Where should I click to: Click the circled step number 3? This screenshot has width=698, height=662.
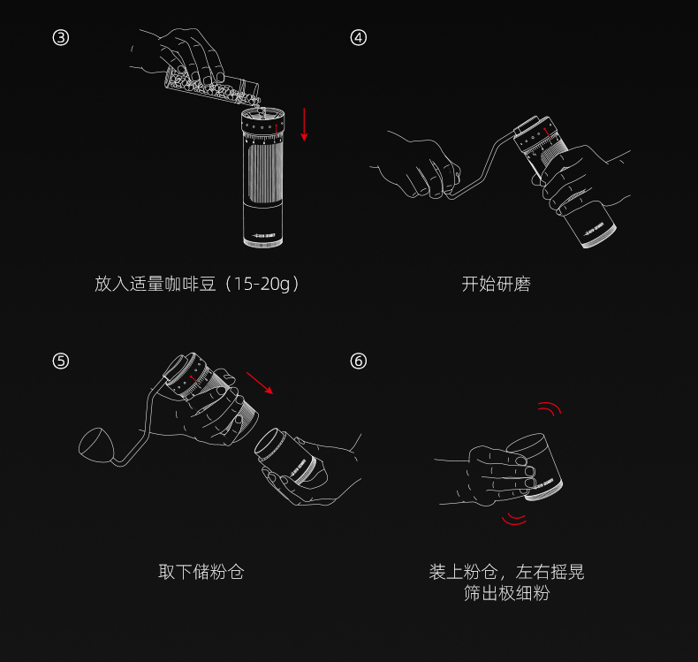(61, 37)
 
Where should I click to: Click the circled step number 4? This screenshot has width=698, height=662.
(359, 37)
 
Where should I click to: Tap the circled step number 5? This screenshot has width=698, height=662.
(61, 361)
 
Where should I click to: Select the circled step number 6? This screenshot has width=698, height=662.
(359, 361)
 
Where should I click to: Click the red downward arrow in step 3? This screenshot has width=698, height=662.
(304, 125)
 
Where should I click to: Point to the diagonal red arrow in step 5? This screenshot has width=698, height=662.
(260, 383)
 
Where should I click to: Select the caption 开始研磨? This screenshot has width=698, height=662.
(496, 284)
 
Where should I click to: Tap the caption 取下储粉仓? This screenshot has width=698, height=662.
(201, 572)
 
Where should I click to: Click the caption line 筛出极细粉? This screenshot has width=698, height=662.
(506, 593)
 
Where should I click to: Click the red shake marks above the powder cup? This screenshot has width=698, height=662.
(550, 408)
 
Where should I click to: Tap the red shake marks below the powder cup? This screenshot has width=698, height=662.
(514, 519)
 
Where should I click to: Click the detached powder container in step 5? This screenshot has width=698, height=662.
(285, 457)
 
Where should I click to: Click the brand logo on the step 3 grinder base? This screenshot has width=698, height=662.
(264, 235)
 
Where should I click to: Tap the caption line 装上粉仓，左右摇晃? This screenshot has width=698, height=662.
(506, 572)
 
